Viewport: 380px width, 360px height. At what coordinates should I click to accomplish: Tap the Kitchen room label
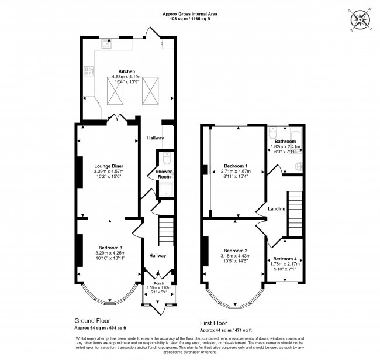127,71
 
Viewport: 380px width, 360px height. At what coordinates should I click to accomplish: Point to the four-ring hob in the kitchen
90,72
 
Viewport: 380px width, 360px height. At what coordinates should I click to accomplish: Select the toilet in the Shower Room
167,159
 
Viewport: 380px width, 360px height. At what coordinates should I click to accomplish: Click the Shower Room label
163,174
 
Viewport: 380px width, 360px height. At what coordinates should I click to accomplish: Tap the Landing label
276,209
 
